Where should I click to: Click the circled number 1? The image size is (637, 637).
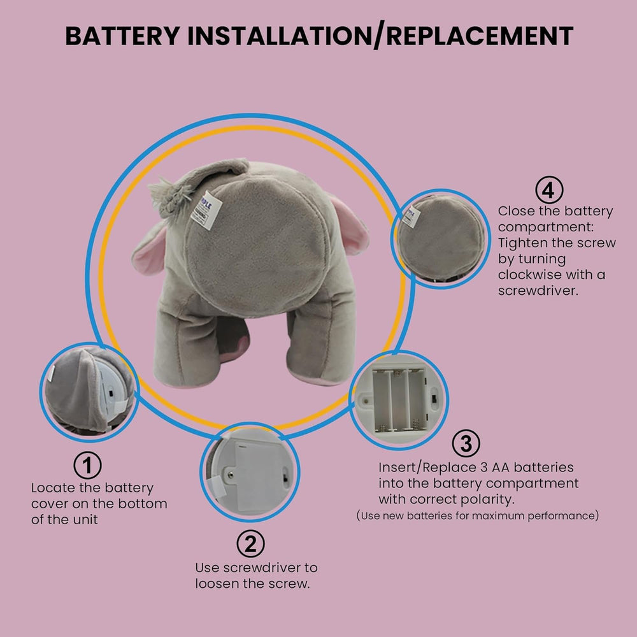coord(88,466)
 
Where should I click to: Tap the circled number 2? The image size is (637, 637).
coord(250,544)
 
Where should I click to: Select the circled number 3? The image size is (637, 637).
coord(466,443)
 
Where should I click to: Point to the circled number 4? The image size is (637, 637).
coord(549,189)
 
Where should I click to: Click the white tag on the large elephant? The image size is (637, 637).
coord(205,211)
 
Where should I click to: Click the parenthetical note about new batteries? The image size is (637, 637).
coord(477,515)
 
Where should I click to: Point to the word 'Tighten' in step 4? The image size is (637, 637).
coord(522,243)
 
